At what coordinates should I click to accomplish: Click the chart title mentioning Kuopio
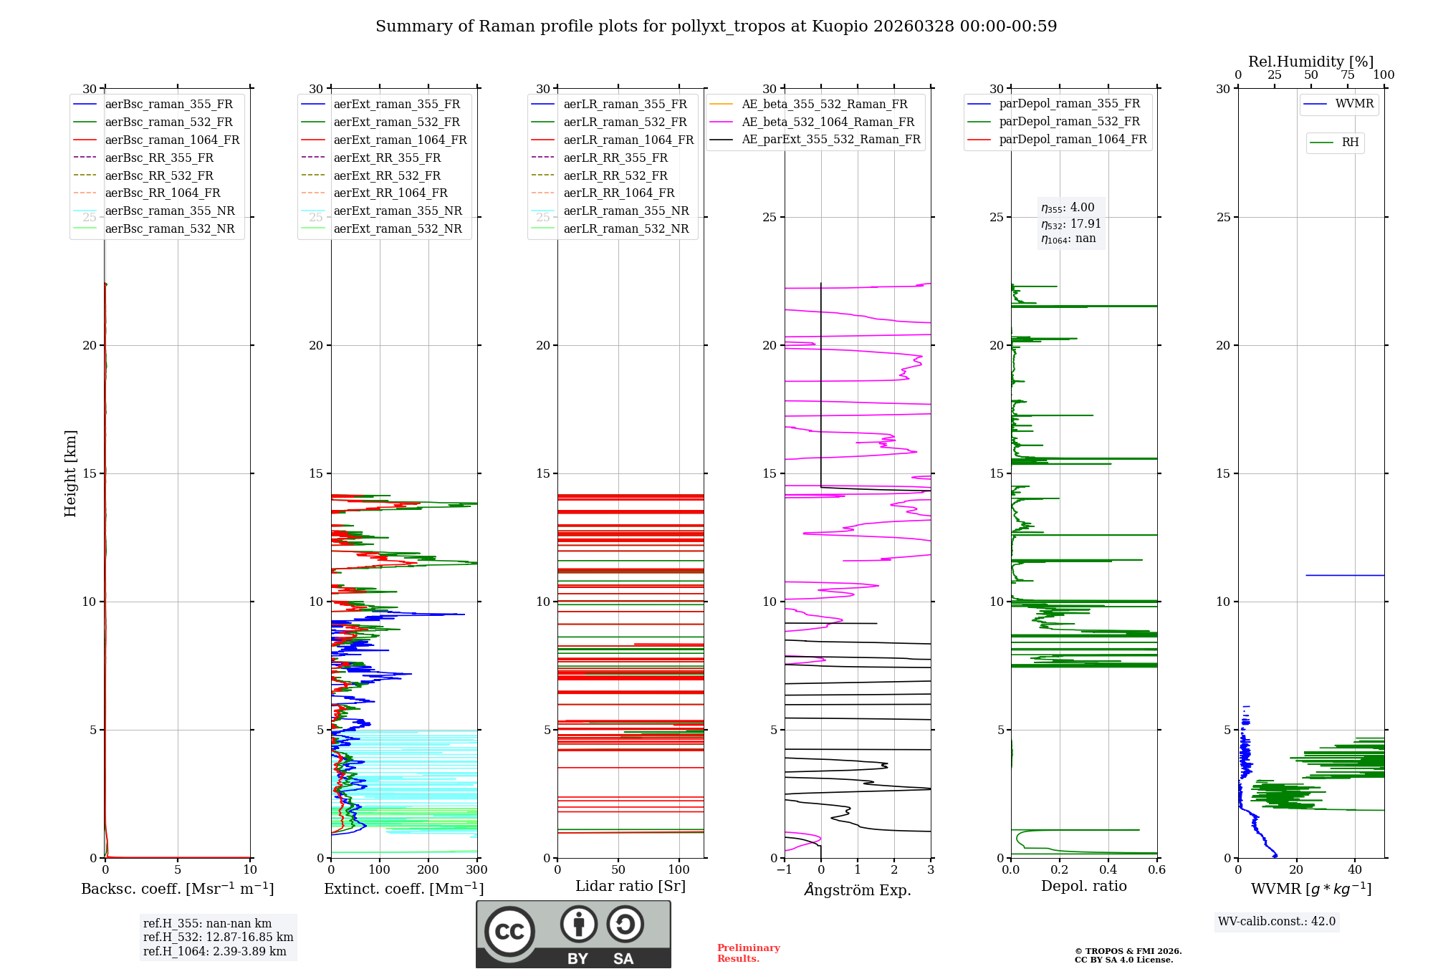click(x=716, y=26)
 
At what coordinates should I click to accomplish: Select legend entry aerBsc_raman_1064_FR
click(x=172, y=140)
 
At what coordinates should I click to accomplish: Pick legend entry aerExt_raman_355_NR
click(x=398, y=211)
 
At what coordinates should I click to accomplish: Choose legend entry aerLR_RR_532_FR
click(x=615, y=175)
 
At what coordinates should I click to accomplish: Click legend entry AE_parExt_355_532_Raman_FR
click(x=830, y=139)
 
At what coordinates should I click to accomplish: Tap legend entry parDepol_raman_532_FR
click(x=1069, y=121)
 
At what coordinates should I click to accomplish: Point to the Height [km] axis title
click(x=70, y=473)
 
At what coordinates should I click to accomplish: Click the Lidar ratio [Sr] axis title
click(x=631, y=886)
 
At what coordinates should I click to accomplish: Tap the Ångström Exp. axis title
click(x=858, y=889)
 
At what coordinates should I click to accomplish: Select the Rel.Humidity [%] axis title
click(x=1310, y=62)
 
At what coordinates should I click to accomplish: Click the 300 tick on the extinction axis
click(x=476, y=869)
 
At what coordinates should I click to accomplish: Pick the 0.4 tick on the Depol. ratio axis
click(x=1108, y=869)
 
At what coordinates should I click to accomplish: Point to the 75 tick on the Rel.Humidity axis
click(x=1348, y=75)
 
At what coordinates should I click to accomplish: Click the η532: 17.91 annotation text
click(x=1070, y=223)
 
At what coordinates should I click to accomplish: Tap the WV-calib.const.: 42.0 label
click(x=1277, y=921)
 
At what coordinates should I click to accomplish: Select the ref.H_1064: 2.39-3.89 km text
click(x=214, y=951)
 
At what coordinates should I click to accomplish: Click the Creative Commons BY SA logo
click(x=573, y=934)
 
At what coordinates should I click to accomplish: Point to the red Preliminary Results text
click(x=748, y=953)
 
